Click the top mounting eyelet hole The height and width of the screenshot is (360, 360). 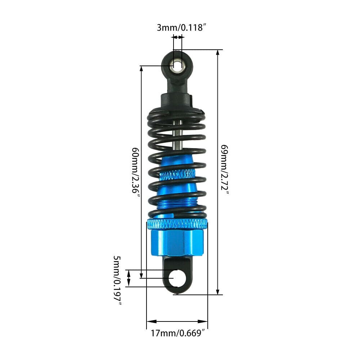click(177, 66)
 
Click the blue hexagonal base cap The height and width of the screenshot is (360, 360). click(177, 242)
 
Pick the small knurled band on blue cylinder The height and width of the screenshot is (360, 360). click(177, 175)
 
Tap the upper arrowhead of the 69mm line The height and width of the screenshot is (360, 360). click(218, 53)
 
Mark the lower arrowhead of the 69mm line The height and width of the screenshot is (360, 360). click(218, 291)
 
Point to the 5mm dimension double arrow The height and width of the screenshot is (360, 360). click(129, 278)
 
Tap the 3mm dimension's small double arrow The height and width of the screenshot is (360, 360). click(178, 37)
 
